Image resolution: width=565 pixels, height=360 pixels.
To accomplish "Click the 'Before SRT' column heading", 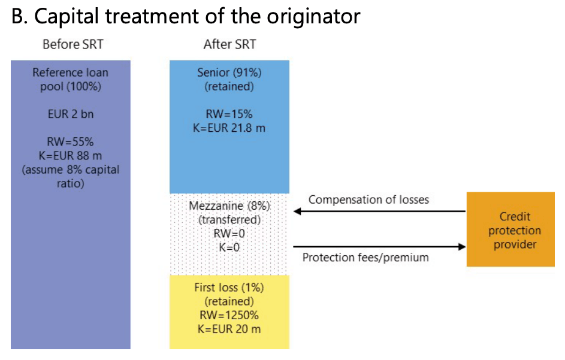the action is point(72,44).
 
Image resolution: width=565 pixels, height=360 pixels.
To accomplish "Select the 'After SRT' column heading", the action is point(229,44).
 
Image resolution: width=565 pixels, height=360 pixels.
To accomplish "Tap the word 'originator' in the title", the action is point(313,16).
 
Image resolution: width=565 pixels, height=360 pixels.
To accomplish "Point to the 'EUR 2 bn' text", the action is point(71,114).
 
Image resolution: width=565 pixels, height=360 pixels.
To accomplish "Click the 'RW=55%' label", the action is point(70,141).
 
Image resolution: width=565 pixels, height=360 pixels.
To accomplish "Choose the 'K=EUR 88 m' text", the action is point(70,156).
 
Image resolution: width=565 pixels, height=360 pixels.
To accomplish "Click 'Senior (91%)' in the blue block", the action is point(229,73).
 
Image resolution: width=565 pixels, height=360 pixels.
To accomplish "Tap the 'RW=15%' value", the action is point(229,114).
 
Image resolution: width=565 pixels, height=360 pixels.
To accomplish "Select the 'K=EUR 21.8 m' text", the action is point(229,128).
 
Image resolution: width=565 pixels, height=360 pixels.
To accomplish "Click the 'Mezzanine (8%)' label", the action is point(229,206).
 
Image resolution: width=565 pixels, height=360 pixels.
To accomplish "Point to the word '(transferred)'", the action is point(229,220).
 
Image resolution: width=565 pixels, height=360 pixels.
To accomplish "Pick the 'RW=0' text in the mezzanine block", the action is point(229,234).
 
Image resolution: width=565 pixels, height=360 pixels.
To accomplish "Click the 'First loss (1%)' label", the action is point(229,288).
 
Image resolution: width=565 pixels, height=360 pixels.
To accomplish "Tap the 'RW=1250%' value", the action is point(229,315).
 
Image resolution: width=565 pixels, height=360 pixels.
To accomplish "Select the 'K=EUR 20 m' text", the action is point(229,329).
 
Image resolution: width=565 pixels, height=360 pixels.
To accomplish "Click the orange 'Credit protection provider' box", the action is point(510,229).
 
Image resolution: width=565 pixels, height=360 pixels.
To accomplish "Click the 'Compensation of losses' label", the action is point(368,199).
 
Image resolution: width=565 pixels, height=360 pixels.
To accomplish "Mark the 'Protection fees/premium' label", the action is point(365,258).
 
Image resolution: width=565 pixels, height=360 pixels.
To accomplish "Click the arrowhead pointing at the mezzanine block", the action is point(297,211).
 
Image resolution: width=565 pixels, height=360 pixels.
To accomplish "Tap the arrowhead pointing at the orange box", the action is point(461,247).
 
